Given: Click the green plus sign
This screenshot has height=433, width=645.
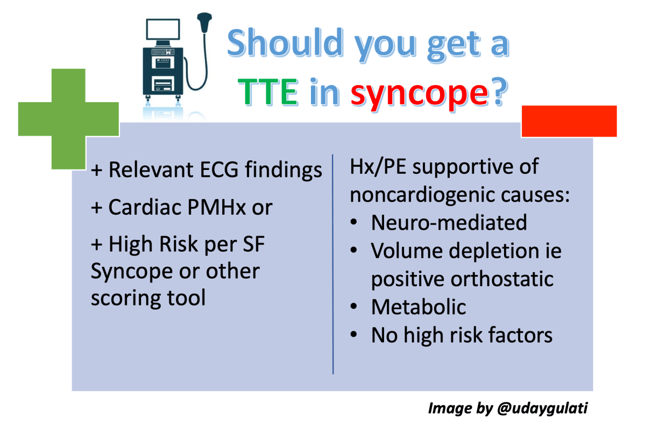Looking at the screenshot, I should (68, 119).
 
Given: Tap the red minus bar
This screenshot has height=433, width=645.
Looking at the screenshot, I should (569, 121).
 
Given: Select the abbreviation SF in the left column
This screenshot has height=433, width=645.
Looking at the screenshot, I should (254, 245).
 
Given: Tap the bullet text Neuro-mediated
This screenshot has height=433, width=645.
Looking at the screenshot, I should (449, 223).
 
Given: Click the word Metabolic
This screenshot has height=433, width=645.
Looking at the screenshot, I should (418, 307).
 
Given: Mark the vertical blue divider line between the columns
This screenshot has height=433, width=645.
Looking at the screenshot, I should (333, 264).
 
